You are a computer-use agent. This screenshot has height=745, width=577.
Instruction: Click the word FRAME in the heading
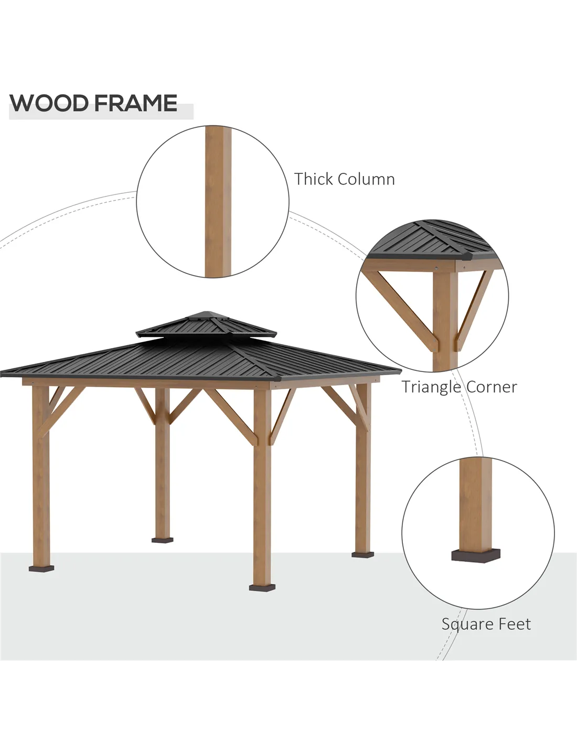(x=136, y=103)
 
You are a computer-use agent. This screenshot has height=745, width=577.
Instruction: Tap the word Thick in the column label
(x=314, y=179)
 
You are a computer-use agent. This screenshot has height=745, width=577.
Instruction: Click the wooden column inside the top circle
(x=218, y=202)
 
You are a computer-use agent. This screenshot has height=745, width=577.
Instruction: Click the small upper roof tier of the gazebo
(x=206, y=325)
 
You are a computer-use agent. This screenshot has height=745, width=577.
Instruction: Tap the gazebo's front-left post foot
(x=41, y=568)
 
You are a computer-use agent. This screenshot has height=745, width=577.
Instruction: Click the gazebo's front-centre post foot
(x=262, y=588)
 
